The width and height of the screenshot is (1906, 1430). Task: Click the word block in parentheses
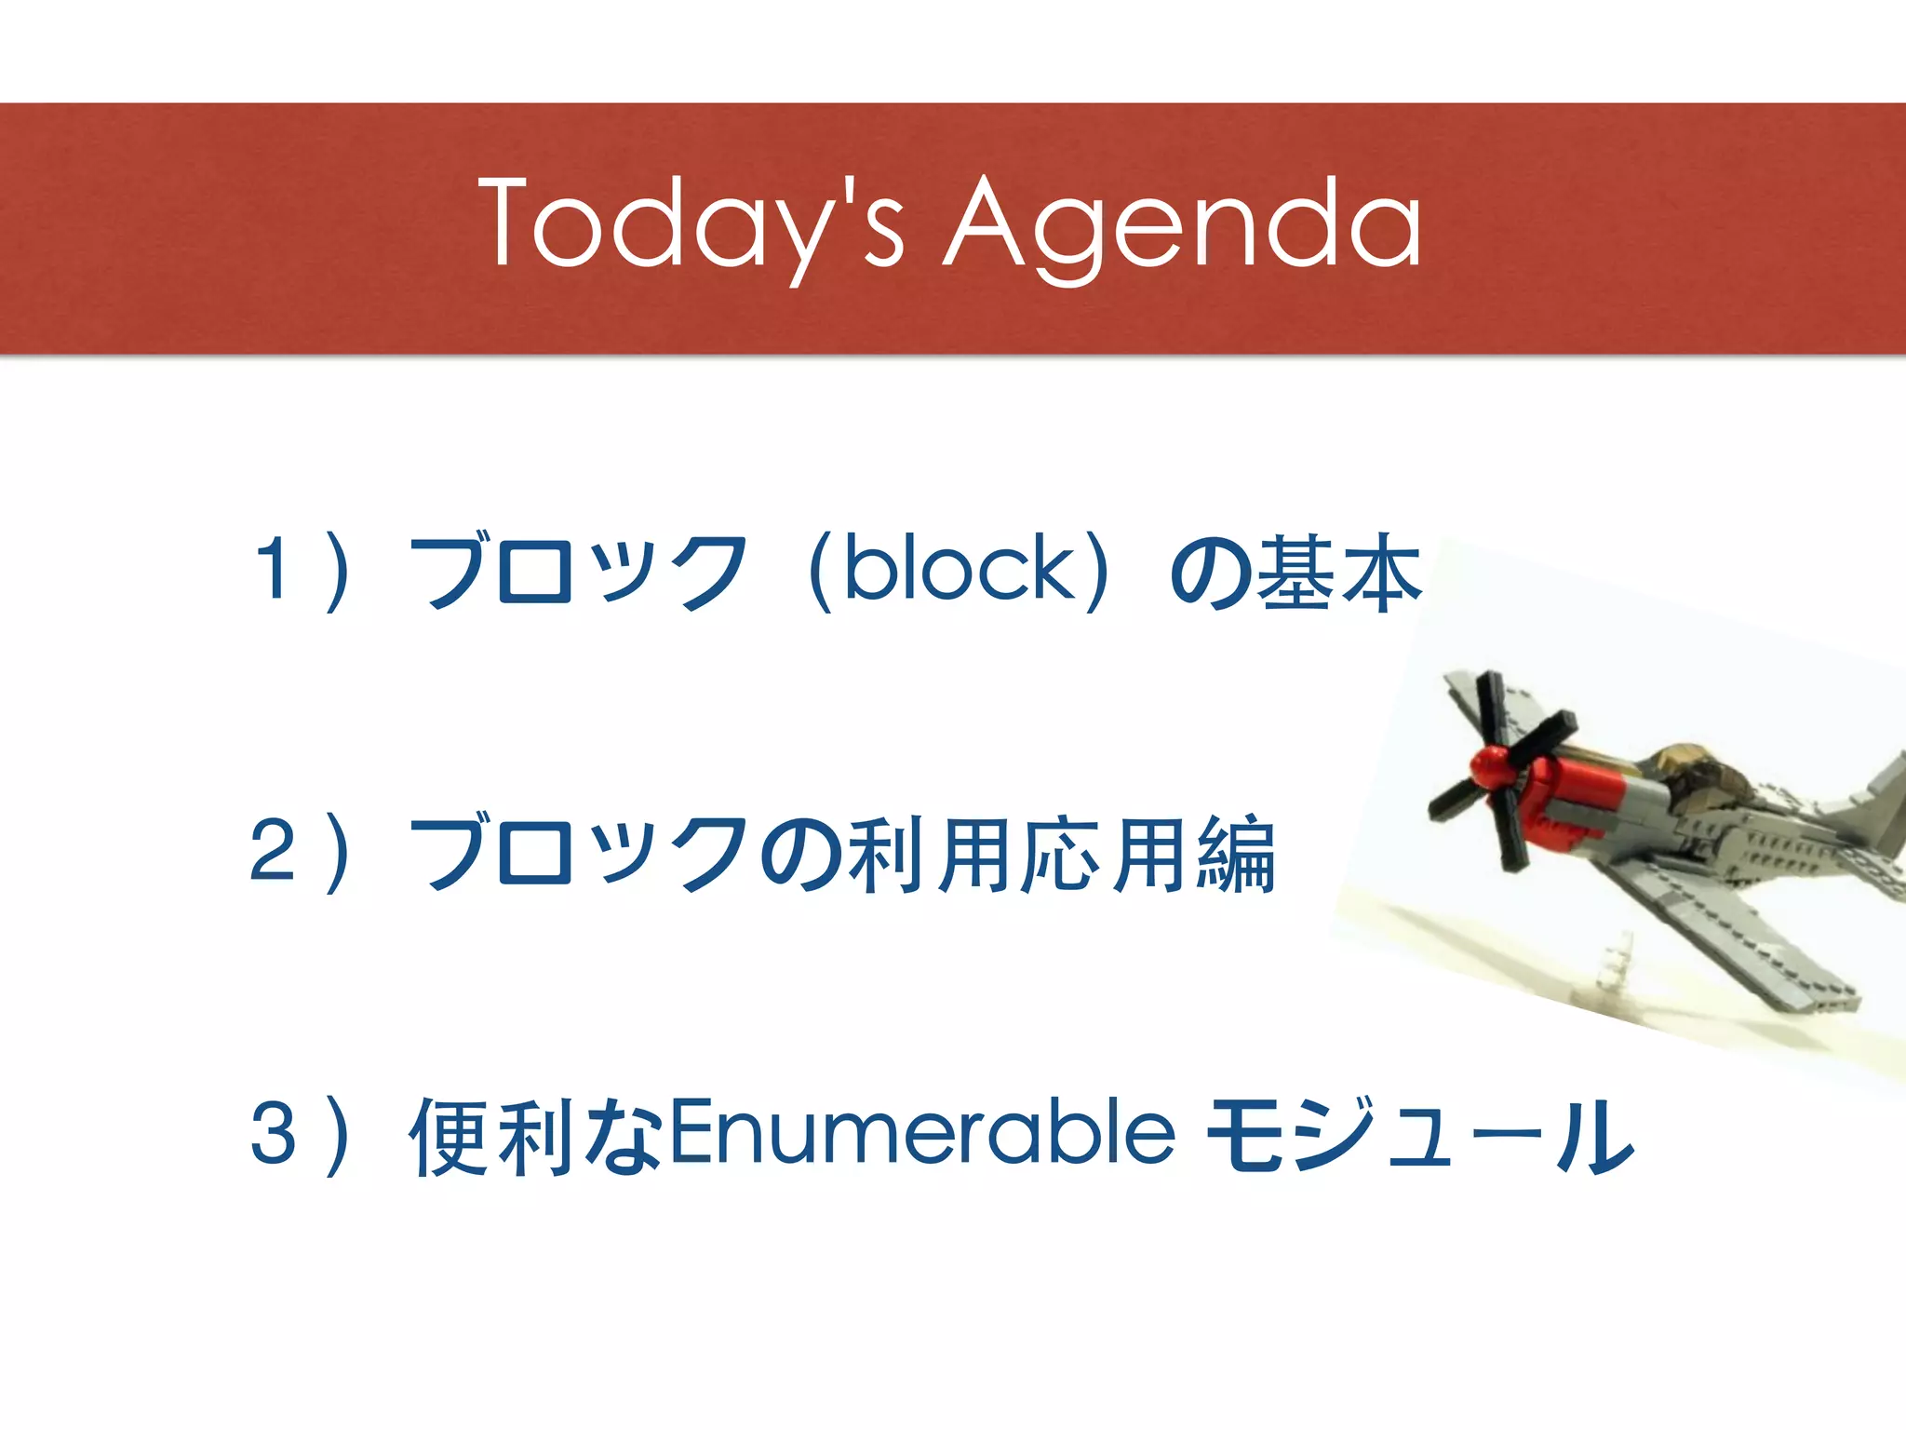tap(959, 569)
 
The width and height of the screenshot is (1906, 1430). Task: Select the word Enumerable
tap(921, 1133)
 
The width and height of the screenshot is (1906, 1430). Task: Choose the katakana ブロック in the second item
tap(577, 852)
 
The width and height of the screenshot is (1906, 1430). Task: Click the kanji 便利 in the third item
tap(493, 1135)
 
